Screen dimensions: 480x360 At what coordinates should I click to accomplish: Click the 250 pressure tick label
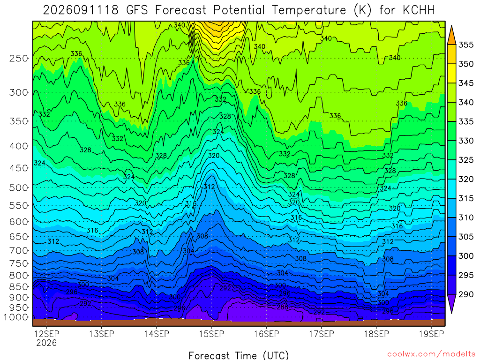[19, 58]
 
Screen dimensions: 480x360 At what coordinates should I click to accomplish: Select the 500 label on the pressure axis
[19, 187]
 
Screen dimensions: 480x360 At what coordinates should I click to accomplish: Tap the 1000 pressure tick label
[16, 317]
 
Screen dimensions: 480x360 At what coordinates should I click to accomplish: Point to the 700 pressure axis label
[19, 251]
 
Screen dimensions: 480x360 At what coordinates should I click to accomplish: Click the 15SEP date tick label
[211, 334]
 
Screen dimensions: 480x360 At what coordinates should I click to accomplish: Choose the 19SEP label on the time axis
[431, 334]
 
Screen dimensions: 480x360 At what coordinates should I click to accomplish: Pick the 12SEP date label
[46, 334]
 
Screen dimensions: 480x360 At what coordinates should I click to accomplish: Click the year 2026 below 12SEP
[46, 343]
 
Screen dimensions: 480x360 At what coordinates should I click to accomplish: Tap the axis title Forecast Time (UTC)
[239, 355]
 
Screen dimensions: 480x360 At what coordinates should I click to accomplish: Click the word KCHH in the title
[419, 10]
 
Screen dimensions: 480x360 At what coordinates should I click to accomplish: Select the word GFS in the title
[137, 10]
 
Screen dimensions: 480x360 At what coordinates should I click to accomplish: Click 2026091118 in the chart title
[81, 10]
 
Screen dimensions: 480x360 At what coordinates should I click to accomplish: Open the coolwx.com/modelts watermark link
[431, 354]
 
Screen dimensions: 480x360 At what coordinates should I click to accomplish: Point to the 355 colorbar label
[466, 45]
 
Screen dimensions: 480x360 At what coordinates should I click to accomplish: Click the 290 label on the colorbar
[466, 294]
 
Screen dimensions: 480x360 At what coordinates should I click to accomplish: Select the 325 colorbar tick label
[466, 160]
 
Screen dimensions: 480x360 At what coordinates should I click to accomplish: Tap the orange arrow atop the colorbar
[451, 36]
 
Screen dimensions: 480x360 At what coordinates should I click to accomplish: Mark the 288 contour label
[282, 307]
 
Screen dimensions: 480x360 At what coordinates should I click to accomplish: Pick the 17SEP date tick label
[322, 334]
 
